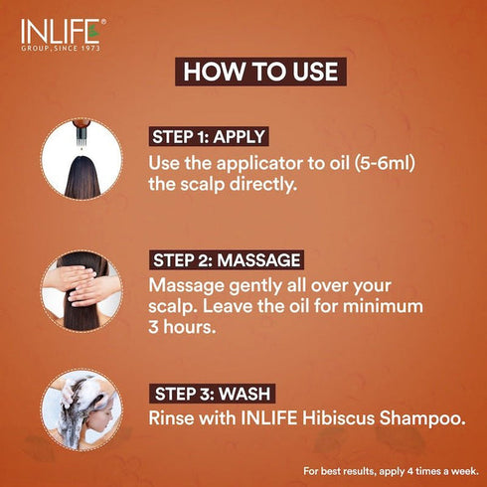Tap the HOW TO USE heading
point(261,72)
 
